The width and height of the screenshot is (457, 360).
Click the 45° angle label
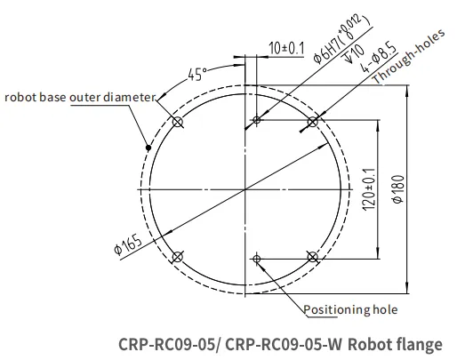pyautogui.click(x=197, y=74)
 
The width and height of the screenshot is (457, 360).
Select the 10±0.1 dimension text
pyautogui.click(x=286, y=48)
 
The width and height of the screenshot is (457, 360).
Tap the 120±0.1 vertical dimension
pyautogui.click(x=369, y=189)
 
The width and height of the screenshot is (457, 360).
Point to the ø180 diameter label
pyautogui.click(x=397, y=189)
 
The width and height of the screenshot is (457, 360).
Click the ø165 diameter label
pyautogui.click(x=128, y=244)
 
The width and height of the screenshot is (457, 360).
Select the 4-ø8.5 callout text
pyautogui.click(x=379, y=59)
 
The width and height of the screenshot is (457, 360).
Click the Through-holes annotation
pyautogui.click(x=409, y=56)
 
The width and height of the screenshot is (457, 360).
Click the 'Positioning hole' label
pyautogui.click(x=350, y=309)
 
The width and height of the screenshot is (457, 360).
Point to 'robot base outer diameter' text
pyautogui.click(x=80, y=97)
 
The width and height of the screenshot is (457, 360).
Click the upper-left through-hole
pyautogui.click(x=178, y=122)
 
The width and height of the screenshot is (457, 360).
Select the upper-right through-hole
pyautogui.click(x=312, y=122)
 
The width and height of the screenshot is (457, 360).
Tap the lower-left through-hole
pyautogui.click(x=178, y=257)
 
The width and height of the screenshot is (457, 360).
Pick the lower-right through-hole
pyautogui.click(x=312, y=257)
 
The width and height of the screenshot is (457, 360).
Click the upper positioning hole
pyautogui.click(x=257, y=120)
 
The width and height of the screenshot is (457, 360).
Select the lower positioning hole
pyautogui.click(x=257, y=259)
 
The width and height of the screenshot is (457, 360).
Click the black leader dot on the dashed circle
pyautogui.click(x=148, y=148)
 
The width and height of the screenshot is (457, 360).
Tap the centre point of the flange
pyautogui.click(x=245, y=189)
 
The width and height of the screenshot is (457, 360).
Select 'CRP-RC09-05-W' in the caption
pyautogui.click(x=284, y=345)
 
